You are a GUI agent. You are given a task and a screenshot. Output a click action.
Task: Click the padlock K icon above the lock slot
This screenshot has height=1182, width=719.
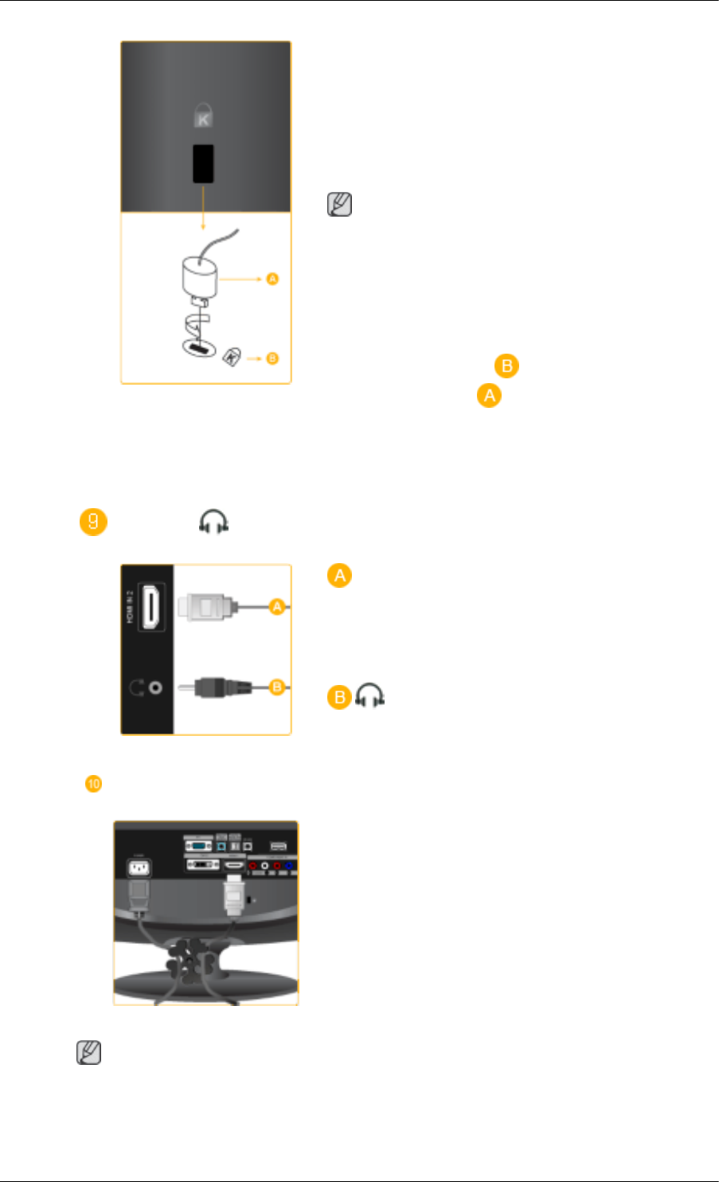(x=203, y=117)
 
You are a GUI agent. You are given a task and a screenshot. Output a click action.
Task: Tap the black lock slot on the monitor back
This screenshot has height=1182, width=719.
(x=203, y=164)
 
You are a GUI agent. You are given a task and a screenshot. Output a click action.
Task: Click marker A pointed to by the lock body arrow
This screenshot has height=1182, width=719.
(x=272, y=279)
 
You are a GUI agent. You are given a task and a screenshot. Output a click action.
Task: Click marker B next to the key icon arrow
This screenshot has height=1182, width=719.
(x=272, y=358)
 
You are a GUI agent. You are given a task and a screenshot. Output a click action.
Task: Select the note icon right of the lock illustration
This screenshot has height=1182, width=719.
(x=339, y=205)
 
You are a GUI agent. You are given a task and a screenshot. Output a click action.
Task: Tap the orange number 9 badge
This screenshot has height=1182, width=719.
(x=93, y=523)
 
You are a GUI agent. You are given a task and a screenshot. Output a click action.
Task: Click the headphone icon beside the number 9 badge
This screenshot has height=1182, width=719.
(x=214, y=523)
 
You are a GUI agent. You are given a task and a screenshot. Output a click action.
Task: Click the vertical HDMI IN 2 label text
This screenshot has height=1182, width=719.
(x=130, y=607)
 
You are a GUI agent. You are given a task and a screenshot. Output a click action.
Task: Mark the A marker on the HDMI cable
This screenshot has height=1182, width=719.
(x=276, y=607)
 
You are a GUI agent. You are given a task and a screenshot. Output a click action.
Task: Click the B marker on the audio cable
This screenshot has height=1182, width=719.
(x=276, y=687)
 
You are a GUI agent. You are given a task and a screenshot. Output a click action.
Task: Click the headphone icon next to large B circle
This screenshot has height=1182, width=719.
(x=369, y=697)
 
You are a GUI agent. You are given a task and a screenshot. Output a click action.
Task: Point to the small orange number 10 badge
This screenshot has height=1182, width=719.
(x=93, y=784)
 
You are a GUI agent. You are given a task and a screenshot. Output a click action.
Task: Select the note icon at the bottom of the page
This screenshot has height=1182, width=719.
(x=88, y=1053)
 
